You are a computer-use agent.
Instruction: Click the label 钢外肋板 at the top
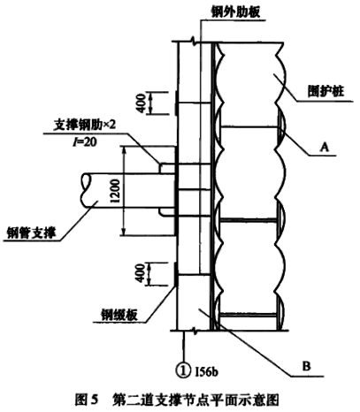click(x=235, y=12)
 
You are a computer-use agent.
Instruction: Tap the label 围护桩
click(x=326, y=91)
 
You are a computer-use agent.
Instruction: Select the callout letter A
click(x=325, y=147)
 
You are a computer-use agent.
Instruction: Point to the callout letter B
click(x=306, y=366)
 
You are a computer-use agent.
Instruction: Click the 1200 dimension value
click(x=116, y=191)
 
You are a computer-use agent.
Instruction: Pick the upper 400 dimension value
click(x=142, y=103)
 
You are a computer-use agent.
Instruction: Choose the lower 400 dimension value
click(x=141, y=274)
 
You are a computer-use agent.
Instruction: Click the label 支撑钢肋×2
click(x=85, y=126)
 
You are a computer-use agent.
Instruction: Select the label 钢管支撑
click(x=31, y=233)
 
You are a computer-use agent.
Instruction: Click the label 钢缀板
click(x=119, y=315)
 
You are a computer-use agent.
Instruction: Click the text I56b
click(x=207, y=371)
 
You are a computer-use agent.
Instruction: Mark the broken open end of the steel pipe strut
click(x=86, y=190)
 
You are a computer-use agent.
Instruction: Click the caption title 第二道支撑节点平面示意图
click(x=195, y=401)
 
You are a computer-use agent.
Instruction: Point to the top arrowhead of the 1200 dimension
click(x=124, y=149)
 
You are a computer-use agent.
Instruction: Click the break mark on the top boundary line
click(x=194, y=40)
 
